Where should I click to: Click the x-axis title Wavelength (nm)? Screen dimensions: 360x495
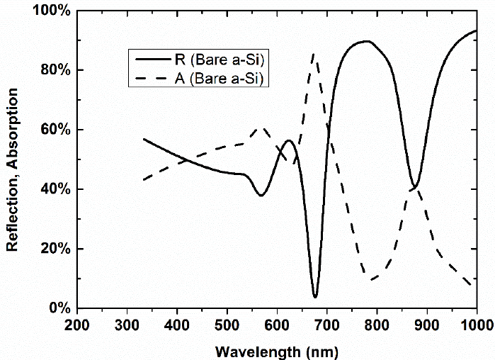point(277,350)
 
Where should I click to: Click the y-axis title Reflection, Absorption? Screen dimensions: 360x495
point(12,159)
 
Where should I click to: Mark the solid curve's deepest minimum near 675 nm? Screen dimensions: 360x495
point(315,296)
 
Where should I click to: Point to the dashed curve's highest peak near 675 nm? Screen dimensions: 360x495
point(314,54)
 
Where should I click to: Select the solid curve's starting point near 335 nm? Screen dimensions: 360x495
point(144,139)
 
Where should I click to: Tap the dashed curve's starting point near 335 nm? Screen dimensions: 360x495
point(144,180)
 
